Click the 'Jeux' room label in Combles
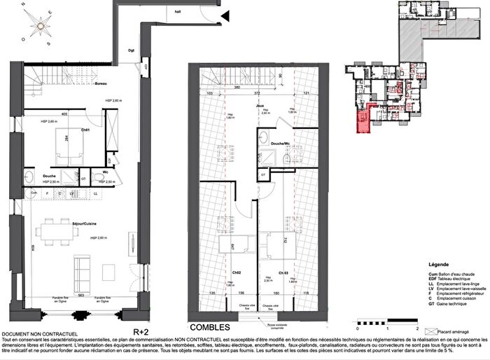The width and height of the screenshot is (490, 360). click(259, 104)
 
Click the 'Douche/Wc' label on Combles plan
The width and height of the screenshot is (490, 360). click(282, 144)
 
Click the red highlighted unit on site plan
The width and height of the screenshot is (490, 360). click(363, 120)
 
